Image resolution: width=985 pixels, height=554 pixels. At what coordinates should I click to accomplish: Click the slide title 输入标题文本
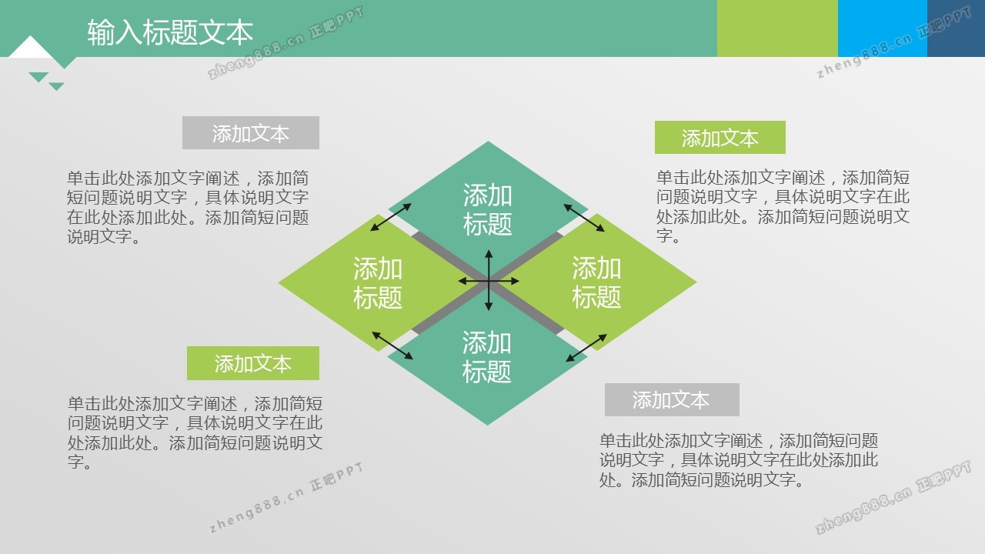point(170,32)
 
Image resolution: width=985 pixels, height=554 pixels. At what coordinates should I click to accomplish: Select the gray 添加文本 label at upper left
point(251,133)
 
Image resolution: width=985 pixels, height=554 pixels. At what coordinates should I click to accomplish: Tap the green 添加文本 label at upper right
point(720,137)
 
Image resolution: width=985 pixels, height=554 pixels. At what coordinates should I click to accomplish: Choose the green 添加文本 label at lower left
point(253,363)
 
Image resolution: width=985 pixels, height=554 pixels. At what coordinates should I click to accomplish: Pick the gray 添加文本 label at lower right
point(672,399)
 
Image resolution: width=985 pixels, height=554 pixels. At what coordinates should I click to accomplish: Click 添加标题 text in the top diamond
point(488,209)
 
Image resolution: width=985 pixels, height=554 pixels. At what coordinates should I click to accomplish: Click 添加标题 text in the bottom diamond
point(487,356)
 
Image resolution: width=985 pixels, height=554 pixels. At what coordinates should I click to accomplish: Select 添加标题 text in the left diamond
point(378,283)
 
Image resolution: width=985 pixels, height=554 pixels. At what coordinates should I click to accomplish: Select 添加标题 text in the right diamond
point(596,282)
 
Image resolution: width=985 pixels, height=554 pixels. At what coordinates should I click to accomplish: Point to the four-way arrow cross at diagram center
point(489,281)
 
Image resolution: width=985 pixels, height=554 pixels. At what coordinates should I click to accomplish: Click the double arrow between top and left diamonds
point(391,217)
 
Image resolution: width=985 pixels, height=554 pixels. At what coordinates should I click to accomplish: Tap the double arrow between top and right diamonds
point(584,218)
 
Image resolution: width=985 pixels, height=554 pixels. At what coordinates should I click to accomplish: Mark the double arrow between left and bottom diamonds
point(392,345)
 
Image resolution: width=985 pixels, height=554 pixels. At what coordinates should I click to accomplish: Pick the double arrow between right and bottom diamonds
point(586,348)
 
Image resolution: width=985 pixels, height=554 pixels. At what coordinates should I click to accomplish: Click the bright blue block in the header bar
point(883,28)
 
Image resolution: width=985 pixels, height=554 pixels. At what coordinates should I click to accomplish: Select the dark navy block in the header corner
point(956,28)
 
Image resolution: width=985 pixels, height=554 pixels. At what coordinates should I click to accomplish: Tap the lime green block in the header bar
point(777,28)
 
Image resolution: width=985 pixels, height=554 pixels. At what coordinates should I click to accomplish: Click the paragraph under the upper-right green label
point(783,207)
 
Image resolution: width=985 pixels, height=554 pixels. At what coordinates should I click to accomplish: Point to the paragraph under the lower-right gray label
point(739,460)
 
